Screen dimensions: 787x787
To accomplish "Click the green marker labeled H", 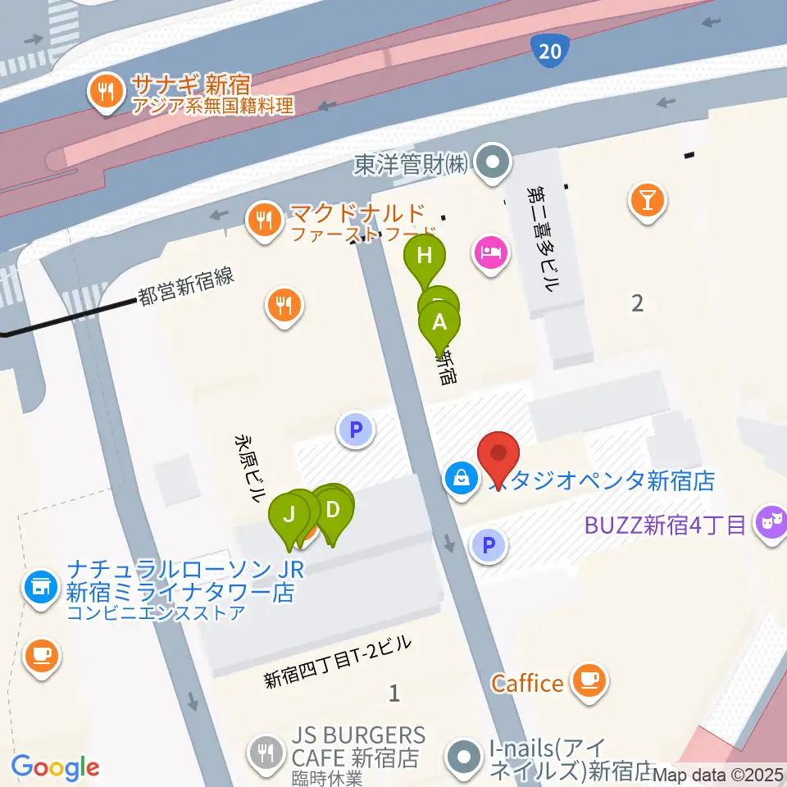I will [x=425, y=256].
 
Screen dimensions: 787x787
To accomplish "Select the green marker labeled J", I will [x=289, y=516].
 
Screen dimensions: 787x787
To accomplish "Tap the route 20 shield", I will [x=550, y=52].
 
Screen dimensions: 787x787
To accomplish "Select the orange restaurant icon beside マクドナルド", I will [x=263, y=219].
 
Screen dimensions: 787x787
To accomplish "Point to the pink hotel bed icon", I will [x=489, y=250].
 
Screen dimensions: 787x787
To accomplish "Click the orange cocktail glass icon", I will [x=648, y=199].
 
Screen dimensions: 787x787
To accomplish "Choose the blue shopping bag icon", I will [x=461, y=478].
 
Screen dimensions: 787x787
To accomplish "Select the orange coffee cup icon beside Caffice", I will [x=589, y=680].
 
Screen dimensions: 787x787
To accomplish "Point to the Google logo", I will [x=55, y=767].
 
